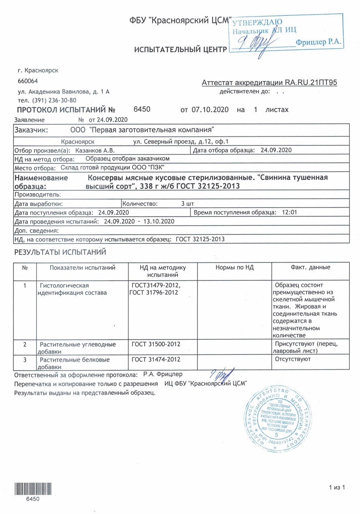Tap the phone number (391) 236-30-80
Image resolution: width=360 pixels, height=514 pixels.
click(x=47, y=100)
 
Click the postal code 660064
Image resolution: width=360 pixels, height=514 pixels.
click(x=28, y=81)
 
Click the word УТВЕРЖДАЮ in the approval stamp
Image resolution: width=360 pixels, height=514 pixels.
click(x=258, y=22)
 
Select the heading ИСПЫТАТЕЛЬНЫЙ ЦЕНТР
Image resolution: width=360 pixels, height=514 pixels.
click(x=180, y=49)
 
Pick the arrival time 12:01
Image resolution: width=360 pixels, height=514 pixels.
click(x=289, y=212)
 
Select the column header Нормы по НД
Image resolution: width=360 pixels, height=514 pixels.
click(x=235, y=267)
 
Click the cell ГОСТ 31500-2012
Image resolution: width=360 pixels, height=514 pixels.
click(x=156, y=344)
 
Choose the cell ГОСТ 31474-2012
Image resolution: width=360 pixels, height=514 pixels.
click(x=156, y=359)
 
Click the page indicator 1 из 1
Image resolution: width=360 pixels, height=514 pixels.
click(x=337, y=487)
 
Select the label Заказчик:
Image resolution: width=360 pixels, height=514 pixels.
click(x=32, y=130)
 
